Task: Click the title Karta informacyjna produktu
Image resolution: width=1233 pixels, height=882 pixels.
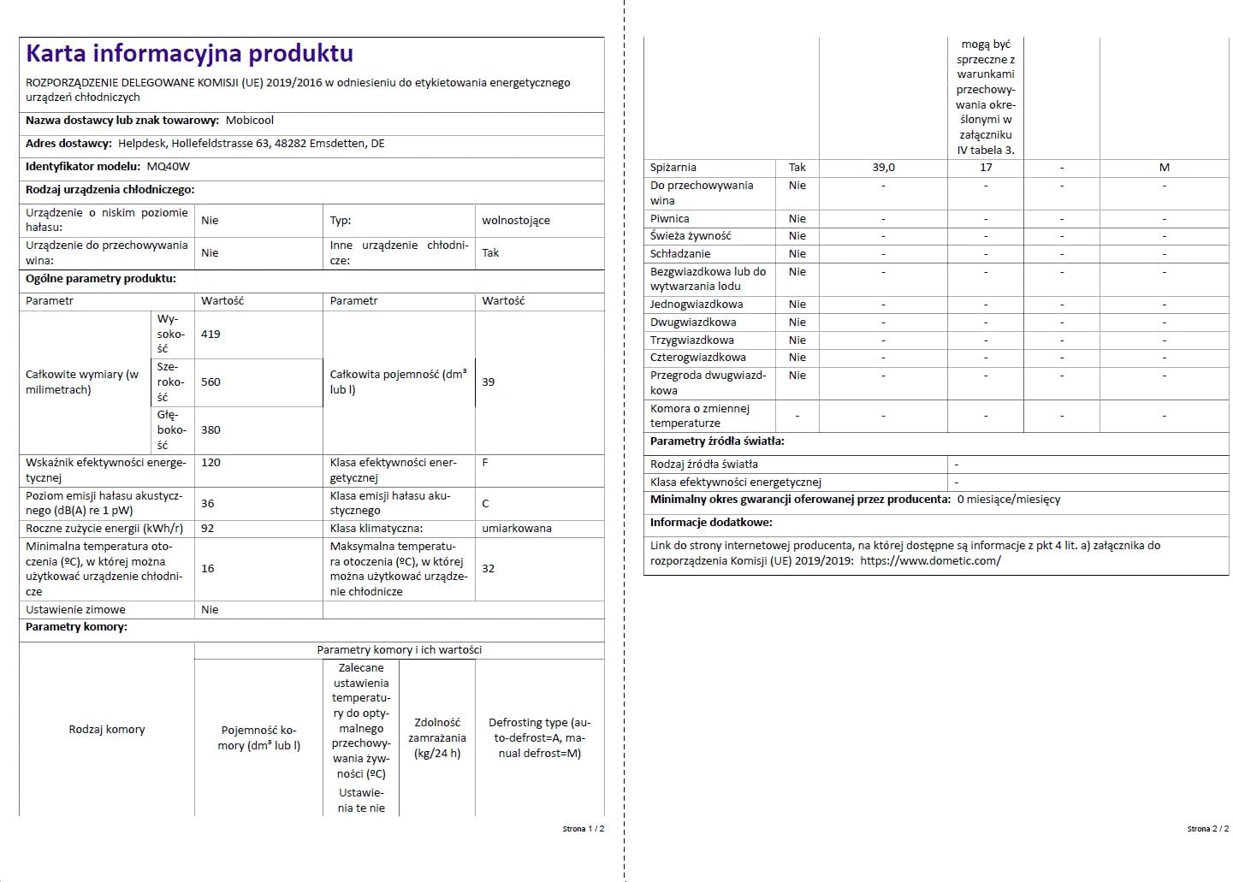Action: pyautogui.click(x=189, y=54)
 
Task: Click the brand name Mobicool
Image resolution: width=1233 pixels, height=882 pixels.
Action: pyautogui.click(x=250, y=121)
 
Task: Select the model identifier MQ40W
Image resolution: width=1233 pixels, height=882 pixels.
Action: pyautogui.click(x=169, y=167)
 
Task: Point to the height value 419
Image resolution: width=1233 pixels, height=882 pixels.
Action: pyautogui.click(x=210, y=334)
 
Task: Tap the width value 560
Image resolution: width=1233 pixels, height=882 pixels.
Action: pyautogui.click(x=210, y=382)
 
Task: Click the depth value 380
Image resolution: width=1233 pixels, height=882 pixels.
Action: pyautogui.click(x=210, y=430)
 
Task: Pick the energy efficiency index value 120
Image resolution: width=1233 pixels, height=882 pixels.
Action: pyautogui.click(x=210, y=463)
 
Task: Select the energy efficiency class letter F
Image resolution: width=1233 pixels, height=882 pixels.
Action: pyautogui.click(x=485, y=463)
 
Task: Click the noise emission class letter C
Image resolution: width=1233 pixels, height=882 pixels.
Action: pyautogui.click(x=485, y=504)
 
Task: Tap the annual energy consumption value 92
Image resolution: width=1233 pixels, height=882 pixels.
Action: pyautogui.click(x=208, y=529)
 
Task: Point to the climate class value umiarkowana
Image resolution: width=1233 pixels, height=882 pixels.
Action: pyautogui.click(x=516, y=529)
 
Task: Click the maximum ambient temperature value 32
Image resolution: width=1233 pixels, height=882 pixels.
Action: pyautogui.click(x=488, y=569)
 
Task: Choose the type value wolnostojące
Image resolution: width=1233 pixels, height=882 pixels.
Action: pyautogui.click(x=515, y=221)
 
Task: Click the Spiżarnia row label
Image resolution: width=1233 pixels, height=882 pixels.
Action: pyautogui.click(x=673, y=168)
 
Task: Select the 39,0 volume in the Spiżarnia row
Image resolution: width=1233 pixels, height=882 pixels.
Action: pyautogui.click(x=883, y=168)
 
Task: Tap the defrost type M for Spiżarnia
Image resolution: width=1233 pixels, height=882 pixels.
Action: pyautogui.click(x=1164, y=168)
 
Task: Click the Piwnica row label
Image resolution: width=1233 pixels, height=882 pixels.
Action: pyautogui.click(x=669, y=219)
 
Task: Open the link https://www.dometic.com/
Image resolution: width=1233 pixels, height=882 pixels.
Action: pyautogui.click(x=930, y=561)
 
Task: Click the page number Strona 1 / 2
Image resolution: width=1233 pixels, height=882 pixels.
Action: pyautogui.click(x=584, y=829)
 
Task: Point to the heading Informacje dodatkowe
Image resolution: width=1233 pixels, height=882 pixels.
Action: pyautogui.click(x=711, y=523)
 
